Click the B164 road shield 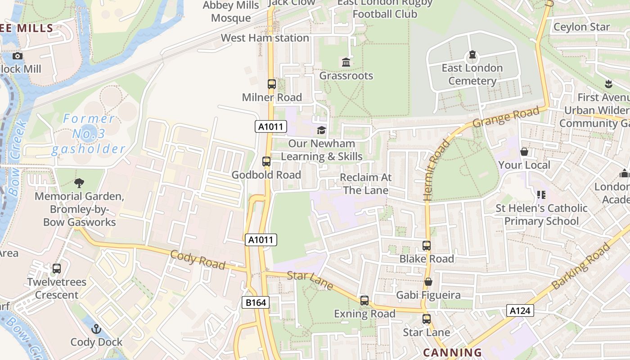[256, 302]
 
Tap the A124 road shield [520, 310]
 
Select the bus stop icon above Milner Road [272, 84]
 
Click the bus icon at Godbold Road [266, 162]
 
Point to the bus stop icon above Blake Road [427, 246]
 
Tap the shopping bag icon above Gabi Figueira [428, 282]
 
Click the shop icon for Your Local [524, 152]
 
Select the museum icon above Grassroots [346, 63]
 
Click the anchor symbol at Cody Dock [96, 329]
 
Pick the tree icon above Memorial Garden [79, 183]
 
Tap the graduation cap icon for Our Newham [321, 130]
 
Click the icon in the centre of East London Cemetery [472, 55]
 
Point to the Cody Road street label [198, 260]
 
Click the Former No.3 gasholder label [88, 134]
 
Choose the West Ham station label [265, 38]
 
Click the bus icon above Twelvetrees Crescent [57, 269]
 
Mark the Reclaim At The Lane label [365, 184]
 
